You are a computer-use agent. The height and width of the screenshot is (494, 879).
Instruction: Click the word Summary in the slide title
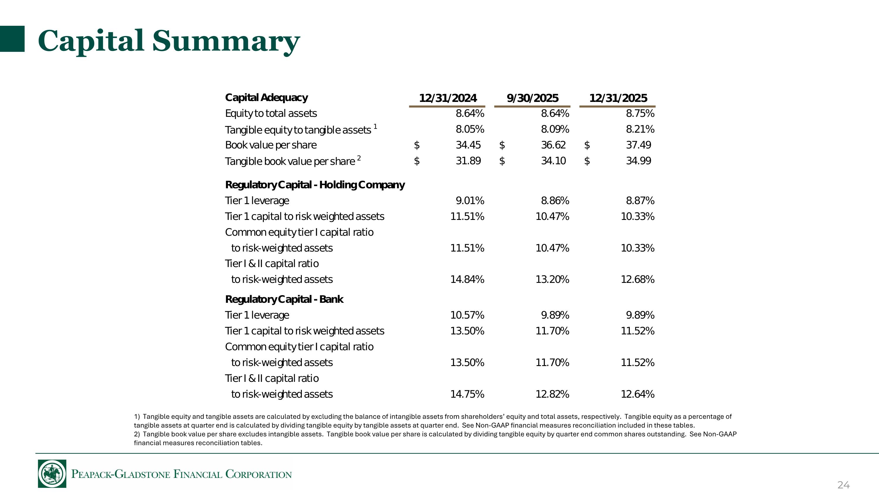point(226,42)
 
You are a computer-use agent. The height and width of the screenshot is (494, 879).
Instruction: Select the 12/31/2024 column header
point(448,98)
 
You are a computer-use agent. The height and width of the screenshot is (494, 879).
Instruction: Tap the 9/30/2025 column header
point(533,98)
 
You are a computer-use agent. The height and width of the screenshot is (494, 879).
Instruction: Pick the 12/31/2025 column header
point(618,98)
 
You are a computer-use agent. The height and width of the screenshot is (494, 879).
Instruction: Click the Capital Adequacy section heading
point(267,98)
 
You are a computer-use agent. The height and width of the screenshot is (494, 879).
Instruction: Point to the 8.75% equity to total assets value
point(640,113)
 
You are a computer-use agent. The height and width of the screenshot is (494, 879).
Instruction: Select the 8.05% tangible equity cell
point(470,129)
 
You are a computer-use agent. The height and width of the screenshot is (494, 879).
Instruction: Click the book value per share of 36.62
point(553,145)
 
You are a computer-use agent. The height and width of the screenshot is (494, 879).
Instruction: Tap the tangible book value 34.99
point(638,160)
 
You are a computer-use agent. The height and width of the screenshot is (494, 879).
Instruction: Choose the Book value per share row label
point(271,145)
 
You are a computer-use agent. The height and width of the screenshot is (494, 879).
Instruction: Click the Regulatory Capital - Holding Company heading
point(315,185)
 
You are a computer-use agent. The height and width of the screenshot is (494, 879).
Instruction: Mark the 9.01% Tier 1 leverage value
point(470,201)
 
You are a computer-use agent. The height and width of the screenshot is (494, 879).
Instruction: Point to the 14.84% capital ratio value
point(467,279)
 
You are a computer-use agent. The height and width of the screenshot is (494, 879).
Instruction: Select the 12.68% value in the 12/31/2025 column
point(637,279)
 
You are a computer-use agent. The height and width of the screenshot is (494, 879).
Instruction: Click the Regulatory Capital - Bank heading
point(284,299)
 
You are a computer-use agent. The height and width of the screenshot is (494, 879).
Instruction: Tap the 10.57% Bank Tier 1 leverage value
point(467,315)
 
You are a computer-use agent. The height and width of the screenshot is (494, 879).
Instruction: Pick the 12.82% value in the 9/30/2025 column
point(552,394)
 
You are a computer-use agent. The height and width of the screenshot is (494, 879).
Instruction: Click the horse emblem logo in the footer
point(52,474)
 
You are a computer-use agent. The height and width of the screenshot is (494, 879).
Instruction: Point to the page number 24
point(844,485)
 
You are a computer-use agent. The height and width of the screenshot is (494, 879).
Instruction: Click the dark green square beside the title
point(12,39)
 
